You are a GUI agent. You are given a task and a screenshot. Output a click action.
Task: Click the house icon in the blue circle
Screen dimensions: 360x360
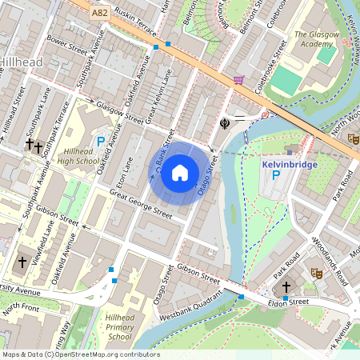click(x=180, y=172)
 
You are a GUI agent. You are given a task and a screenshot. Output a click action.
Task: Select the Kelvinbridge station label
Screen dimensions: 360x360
click(x=289, y=164)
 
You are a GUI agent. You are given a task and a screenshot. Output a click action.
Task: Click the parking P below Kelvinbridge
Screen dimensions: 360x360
click(x=276, y=175)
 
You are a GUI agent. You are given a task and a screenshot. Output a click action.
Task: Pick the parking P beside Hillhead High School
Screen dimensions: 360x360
click(x=101, y=142)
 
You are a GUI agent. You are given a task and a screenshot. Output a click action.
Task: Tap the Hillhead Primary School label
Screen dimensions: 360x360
click(x=118, y=327)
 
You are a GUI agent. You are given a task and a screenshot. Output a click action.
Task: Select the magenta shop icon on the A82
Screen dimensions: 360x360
click(x=238, y=80)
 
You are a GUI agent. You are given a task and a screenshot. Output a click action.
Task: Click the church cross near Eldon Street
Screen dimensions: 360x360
click(x=286, y=286)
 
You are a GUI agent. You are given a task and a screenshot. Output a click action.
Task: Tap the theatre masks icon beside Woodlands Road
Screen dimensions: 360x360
click(x=316, y=273)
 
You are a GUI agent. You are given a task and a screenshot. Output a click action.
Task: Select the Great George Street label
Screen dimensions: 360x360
click(x=141, y=203)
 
